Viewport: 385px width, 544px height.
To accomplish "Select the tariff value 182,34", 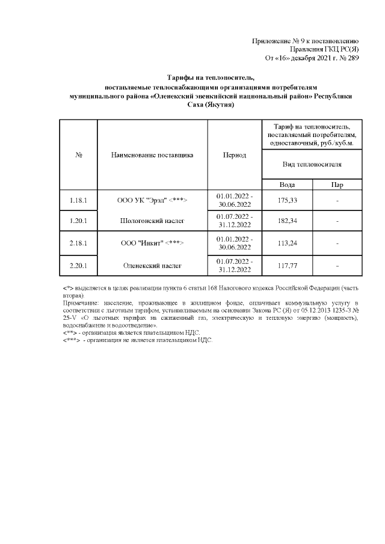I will coord(287,221).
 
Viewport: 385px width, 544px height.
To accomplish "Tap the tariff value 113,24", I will coord(287,243).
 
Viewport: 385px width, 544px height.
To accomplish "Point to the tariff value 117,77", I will coord(287,265).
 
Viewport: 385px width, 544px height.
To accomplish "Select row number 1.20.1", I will coord(79,221).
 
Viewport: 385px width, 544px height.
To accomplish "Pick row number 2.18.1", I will coord(79,243).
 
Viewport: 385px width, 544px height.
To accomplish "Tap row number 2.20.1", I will coord(79,265).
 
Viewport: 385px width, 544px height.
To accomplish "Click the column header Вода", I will coord(287,185).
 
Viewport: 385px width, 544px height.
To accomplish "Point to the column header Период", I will coord(235,155).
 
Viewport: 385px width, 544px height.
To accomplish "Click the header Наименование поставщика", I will coord(152,155).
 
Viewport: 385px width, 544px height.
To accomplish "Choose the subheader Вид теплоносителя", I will coord(312,164).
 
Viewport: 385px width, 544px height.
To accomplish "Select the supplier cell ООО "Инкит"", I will coord(153,243).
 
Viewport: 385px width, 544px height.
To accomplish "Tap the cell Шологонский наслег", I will coord(153,221).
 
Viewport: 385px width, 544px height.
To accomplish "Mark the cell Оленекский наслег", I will coord(153,265).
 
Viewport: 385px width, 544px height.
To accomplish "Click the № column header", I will coord(79,155).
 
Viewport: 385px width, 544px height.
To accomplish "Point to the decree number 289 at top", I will coord(353,58).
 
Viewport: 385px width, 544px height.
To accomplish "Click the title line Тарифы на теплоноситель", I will coord(211,78).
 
